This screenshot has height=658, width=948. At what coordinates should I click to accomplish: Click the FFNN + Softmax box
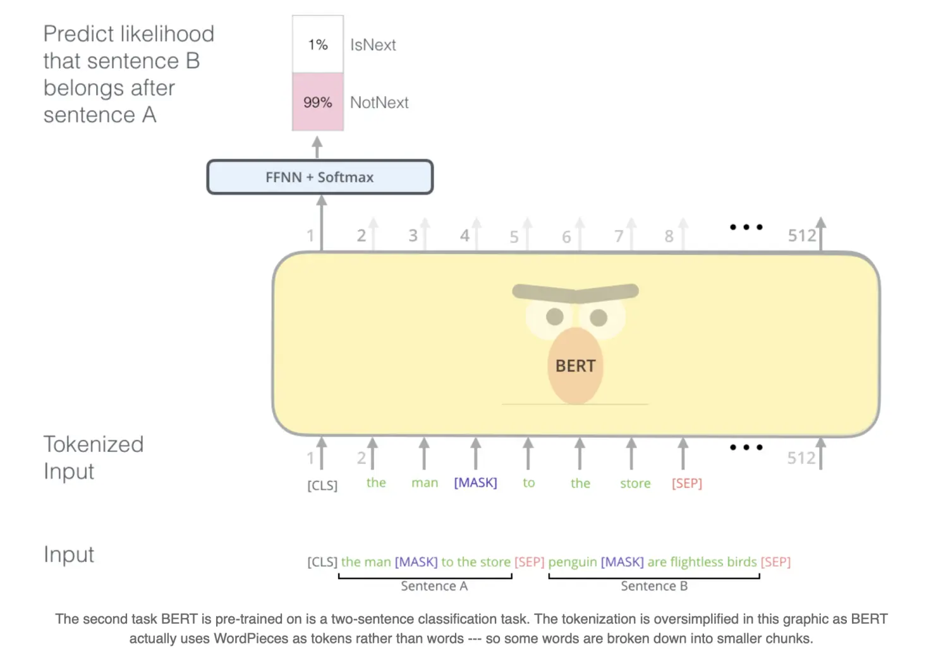click(320, 177)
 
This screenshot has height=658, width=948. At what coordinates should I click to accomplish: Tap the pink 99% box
click(318, 102)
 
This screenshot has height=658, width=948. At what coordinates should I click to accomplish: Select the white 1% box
click(318, 44)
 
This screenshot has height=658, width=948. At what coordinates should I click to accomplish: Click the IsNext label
click(373, 45)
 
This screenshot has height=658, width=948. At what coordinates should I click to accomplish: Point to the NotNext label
click(379, 102)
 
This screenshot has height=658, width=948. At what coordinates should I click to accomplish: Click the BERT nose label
click(575, 366)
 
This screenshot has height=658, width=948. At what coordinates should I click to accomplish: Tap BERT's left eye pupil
click(555, 317)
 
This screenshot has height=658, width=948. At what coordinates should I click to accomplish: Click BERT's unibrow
click(575, 293)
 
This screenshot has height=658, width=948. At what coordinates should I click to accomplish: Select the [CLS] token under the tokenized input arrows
click(322, 485)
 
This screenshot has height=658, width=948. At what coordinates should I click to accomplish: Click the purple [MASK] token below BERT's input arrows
click(475, 483)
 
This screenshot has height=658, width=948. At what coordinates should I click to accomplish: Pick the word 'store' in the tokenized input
click(635, 484)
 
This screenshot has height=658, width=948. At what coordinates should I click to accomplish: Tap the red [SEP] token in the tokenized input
click(687, 484)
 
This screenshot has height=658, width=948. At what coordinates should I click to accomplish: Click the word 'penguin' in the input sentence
click(572, 563)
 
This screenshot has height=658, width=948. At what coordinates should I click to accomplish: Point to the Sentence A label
click(434, 586)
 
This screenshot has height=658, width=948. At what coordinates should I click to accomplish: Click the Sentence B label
click(654, 586)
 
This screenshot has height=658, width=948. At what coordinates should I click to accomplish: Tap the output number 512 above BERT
click(801, 236)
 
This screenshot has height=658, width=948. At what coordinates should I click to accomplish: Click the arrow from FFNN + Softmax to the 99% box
click(317, 147)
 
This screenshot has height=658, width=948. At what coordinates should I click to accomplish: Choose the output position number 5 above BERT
click(514, 237)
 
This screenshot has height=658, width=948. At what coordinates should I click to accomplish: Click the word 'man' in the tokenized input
click(425, 483)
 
